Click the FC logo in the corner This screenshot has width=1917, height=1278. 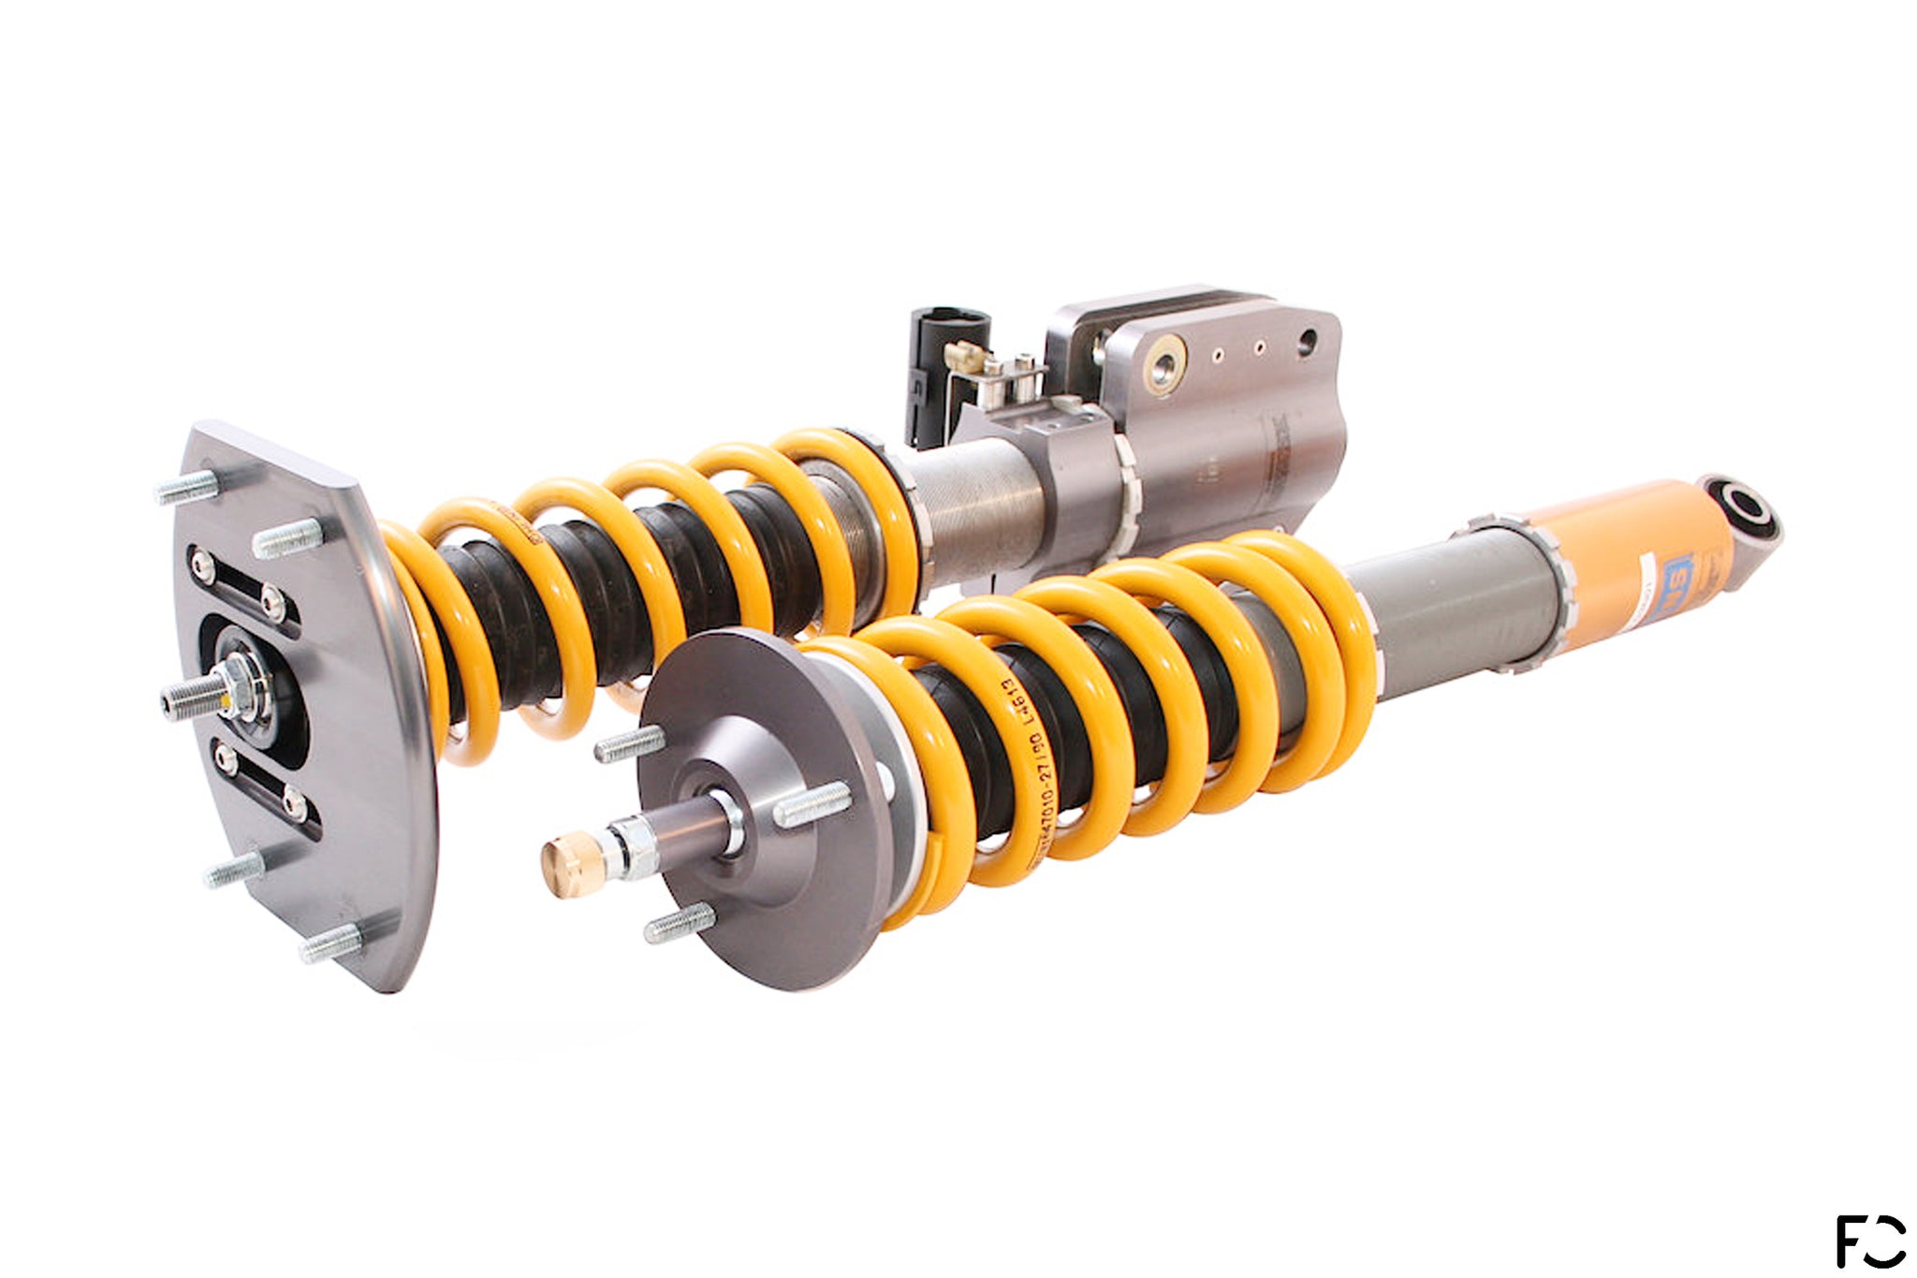[x=1870, y=1240]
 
